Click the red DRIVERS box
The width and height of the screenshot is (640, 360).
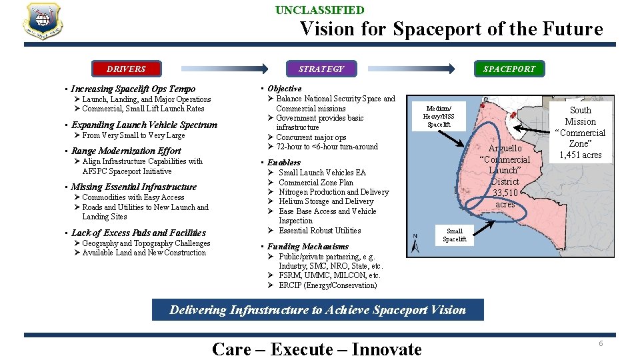(x=126, y=69)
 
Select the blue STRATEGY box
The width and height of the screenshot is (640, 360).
(x=321, y=69)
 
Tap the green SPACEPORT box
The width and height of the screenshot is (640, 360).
(x=509, y=69)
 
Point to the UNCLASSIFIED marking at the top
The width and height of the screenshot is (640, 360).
(x=320, y=10)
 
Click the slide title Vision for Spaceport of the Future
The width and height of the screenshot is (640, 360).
(x=451, y=29)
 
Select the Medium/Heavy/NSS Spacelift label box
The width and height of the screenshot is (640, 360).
(x=439, y=116)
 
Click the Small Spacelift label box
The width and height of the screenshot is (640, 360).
(x=455, y=235)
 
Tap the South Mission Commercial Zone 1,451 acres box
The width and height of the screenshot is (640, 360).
(x=580, y=132)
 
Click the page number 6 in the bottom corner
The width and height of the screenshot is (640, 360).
(x=600, y=343)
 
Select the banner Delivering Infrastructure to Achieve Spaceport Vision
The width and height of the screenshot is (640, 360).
(x=318, y=309)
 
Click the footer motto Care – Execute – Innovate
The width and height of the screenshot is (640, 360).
(x=317, y=349)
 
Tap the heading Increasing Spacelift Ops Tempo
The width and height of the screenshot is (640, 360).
(x=133, y=89)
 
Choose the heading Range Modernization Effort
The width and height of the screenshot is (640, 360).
(x=126, y=151)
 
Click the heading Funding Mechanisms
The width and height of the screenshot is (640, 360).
(x=307, y=246)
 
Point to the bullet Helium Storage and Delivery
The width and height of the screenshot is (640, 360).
(x=326, y=201)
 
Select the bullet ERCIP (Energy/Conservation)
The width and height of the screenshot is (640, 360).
(x=327, y=285)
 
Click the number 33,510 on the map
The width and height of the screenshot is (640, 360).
(x=505, y=193)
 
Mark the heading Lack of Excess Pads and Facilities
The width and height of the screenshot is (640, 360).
(x=138, y=233)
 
